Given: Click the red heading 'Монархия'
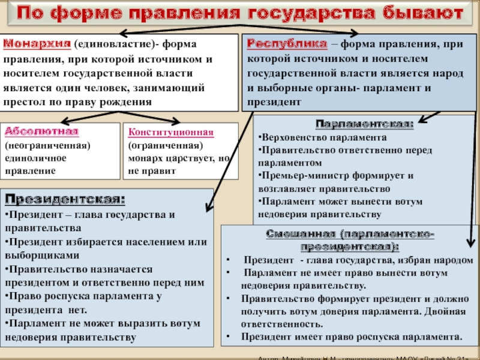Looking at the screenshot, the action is (37, 44).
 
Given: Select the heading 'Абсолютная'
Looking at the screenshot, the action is (41, 132).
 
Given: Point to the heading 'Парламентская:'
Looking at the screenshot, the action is (364, 124).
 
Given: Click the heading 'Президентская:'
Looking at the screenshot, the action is (65, 199).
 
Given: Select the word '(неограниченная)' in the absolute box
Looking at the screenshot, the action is (48, 145).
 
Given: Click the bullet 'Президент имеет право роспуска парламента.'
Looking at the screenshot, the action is (351, 336).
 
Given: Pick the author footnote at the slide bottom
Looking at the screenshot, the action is (366, 357).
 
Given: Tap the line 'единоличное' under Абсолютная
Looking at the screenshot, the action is (35, 158).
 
